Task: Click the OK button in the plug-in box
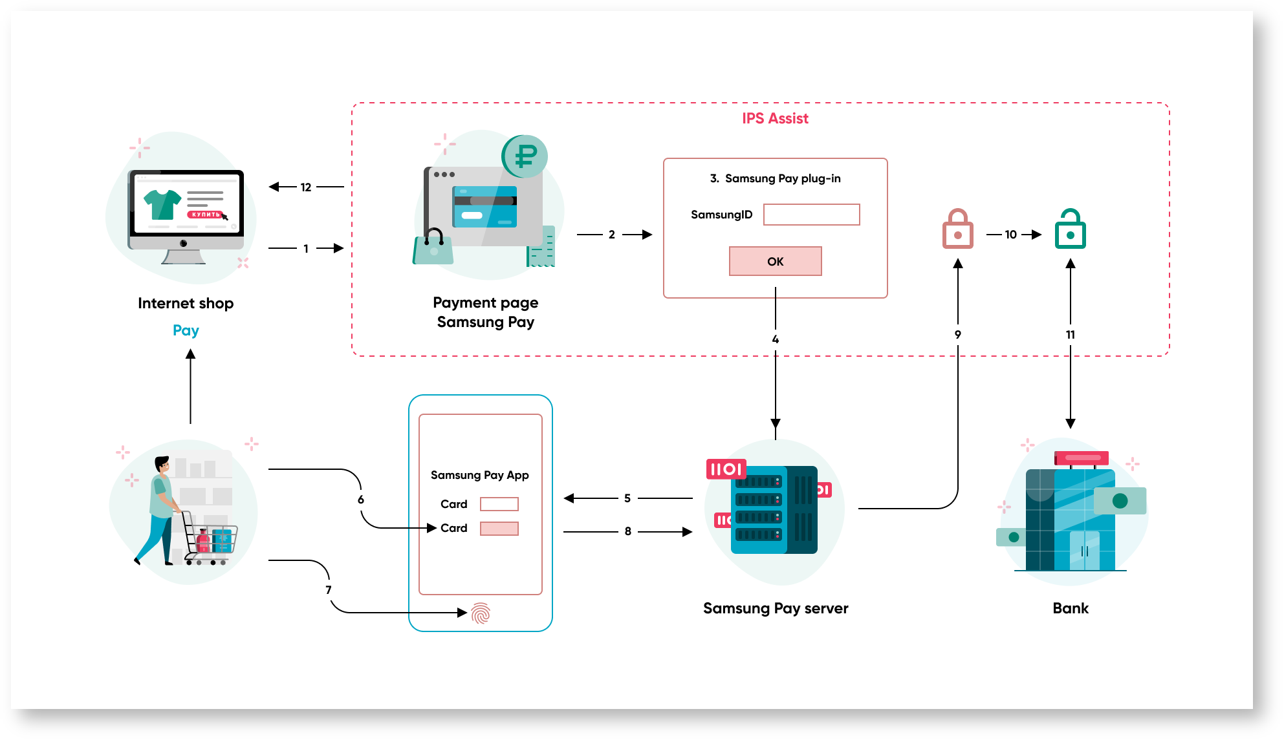point(775,261)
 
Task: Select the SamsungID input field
point(811,215)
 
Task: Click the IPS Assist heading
point(775,118)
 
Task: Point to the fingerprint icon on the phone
point(481,613)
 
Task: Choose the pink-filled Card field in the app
point(499,529)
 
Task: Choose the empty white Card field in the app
point(499,504)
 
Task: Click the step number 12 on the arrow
point(306,187)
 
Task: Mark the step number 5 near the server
point(627,498)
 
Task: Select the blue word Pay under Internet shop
point(186,330)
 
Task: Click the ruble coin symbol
point(525,156)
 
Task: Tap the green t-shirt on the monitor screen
point(162,204)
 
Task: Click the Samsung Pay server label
point(775,608)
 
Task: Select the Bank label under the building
point(1070,608)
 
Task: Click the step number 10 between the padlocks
point(1010,235)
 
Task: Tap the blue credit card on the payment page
point(484,207)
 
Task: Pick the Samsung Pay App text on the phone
point(479,475)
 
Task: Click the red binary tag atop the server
point(726,469)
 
